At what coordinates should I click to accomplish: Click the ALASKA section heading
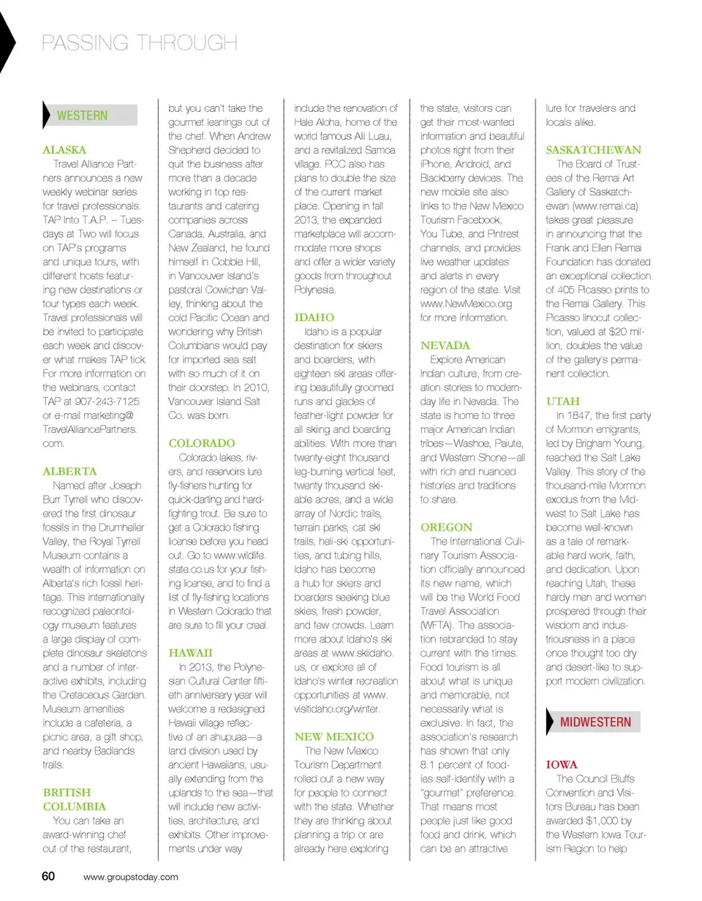[x=65, y=149]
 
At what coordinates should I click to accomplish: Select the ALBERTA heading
[x=70, y=471]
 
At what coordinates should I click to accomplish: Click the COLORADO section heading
[x=202, y=443]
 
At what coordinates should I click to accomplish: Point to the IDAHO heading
[x=314, y=318]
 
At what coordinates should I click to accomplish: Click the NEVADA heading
[x=445, y=345]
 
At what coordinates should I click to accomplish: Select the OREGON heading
[x=447, y=527]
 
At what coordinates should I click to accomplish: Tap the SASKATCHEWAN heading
[x=594, y=149]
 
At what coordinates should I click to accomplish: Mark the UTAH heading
[x=562, y=402]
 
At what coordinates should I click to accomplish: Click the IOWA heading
[x=562, y=764]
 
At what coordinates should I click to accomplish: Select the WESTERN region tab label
[x=82, y=116]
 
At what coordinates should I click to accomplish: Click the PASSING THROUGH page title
[x=139, y=42]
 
